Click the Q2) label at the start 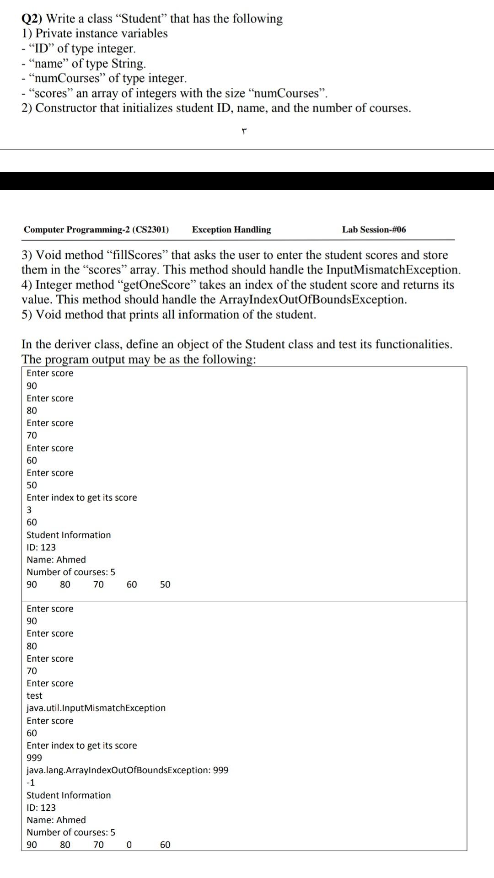pos(32,19)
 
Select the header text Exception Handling pos(231,230)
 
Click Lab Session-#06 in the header pos(374,230)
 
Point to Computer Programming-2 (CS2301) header pos(96,230)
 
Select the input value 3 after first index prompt pos(29,510)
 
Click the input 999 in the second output pos(34,758)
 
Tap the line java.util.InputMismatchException pos(96,708)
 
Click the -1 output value pos(31,782)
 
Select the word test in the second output pos(34,696)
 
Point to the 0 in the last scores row pos(129,845)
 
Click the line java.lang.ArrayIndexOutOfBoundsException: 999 pos(127,770)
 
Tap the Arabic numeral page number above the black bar pos(244,132)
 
